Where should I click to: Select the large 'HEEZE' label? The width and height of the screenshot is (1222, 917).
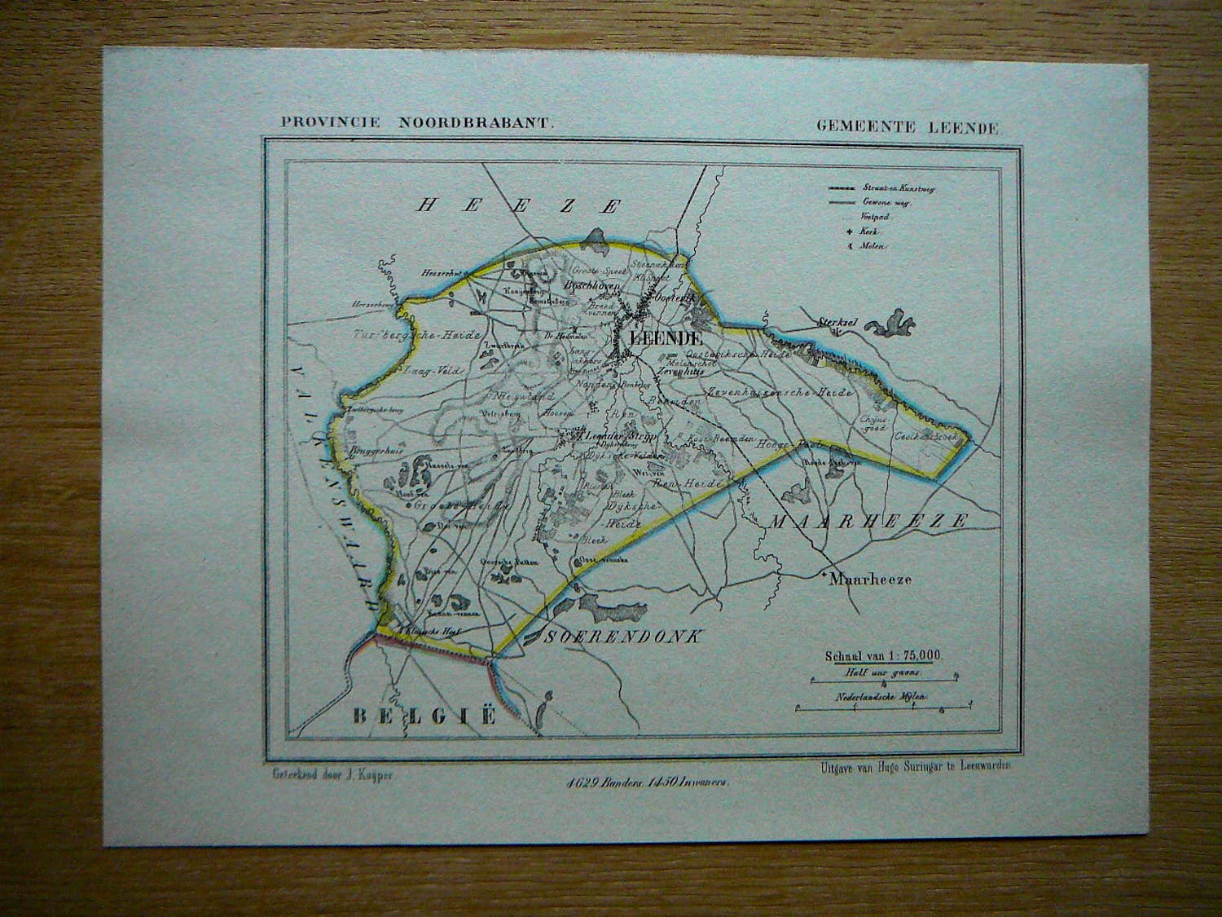(518, 205)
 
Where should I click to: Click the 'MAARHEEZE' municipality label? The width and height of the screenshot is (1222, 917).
(868, 520)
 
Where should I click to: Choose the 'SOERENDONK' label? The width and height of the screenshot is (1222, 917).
(623, 637)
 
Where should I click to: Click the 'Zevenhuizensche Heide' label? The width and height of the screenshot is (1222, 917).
(780, 393)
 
